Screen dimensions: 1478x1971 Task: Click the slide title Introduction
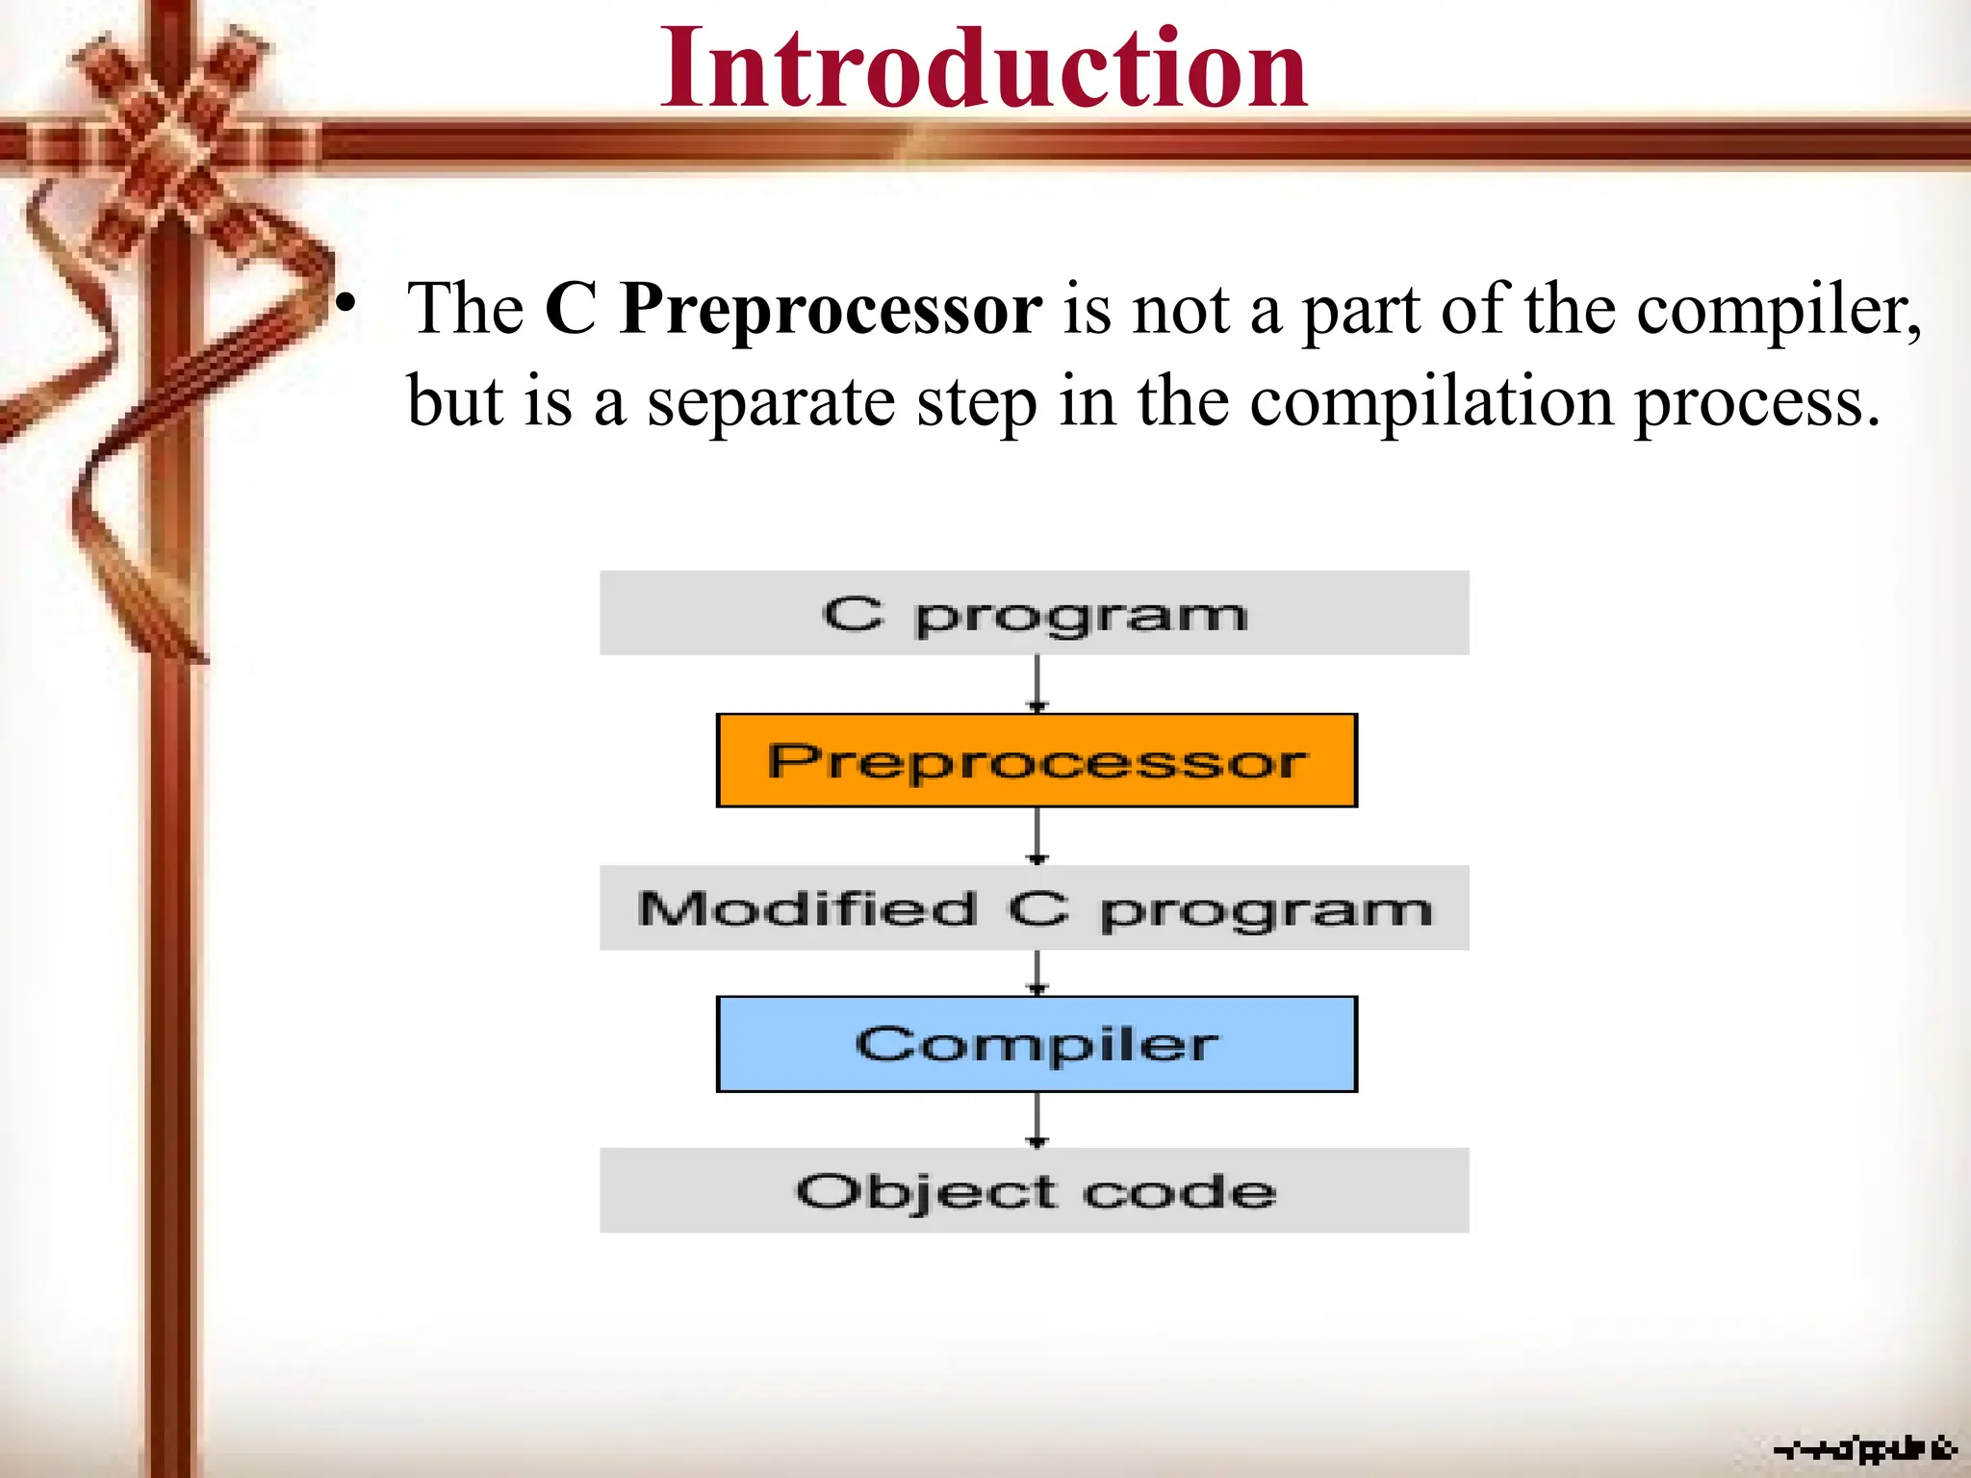tap(984, 69)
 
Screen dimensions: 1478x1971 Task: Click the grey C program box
tap(1034, 613)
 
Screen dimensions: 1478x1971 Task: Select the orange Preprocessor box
tap(1037, 760)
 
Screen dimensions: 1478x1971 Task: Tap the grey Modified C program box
tap(1034, 907)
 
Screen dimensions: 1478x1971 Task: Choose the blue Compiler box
tap(1037, 1044)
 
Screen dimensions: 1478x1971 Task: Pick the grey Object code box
tap(1034, 1190)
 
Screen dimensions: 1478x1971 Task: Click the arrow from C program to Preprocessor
tap(1037, 684)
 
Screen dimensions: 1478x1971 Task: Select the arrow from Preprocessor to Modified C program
tap(1037, 835)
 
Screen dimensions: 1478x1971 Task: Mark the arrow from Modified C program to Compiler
tap(1037, 973)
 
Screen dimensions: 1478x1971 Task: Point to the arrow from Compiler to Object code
tap(1037, 1119)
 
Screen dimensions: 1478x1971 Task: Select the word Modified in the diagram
tap(806, 909)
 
